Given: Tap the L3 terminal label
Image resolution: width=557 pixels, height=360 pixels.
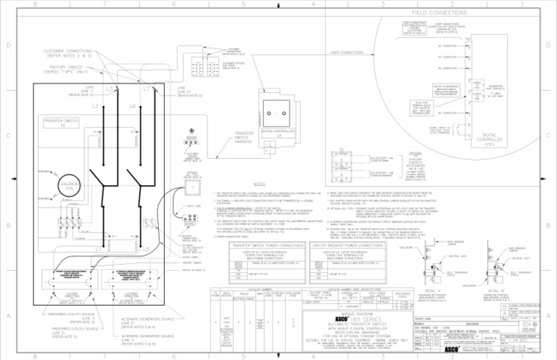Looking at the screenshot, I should (x=107, y=89).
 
